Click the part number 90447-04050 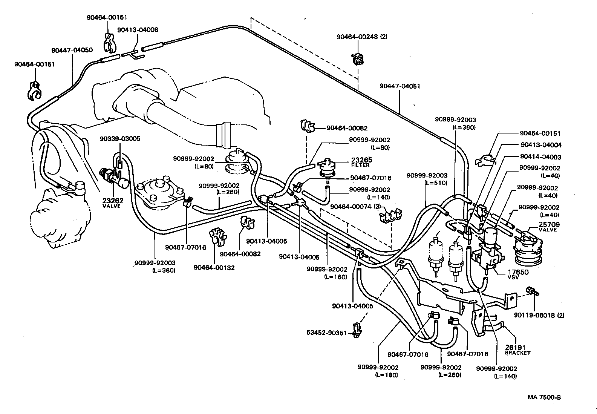(x=72, y=50)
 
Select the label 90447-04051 (x=400, y=86)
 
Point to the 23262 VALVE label (x=111, y=203)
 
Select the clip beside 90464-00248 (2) (x=357, y=58)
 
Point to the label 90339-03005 (x=120, y=138)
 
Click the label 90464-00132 (x=214, y=267)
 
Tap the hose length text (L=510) (x=436, y=183)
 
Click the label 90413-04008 (x=138, y=29)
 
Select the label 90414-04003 (x=540, y=157)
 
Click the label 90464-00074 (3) (x=356, y=207)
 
